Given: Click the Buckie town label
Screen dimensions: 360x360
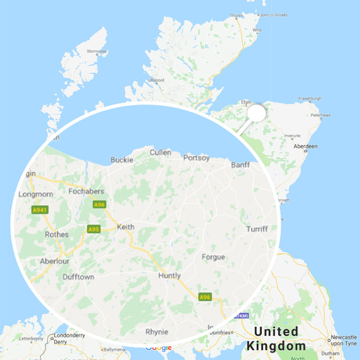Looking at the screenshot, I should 122,160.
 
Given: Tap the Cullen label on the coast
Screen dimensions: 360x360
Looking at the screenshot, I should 160,153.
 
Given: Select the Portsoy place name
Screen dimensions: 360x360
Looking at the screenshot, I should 196,158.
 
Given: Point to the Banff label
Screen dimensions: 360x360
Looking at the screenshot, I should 241,165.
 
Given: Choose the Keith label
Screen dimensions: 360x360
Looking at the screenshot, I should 125,227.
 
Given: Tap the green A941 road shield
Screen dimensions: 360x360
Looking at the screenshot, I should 40,210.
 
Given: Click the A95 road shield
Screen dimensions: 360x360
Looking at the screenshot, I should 94,229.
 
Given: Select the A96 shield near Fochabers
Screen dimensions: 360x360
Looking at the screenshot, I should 99,204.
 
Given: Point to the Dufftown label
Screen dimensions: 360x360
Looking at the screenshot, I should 79,277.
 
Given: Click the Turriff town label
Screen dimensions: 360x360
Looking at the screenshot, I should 257,229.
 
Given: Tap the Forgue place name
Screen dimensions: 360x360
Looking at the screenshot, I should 213,257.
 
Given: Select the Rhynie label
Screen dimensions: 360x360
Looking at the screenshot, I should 157,331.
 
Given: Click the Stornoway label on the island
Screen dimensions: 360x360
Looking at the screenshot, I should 97,52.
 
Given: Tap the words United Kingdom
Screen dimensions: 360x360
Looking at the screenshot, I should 277,338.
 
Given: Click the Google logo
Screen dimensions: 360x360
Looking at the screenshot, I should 158,347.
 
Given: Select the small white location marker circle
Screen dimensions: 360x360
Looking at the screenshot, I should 257,113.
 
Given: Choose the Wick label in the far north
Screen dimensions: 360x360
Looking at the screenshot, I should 257,30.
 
